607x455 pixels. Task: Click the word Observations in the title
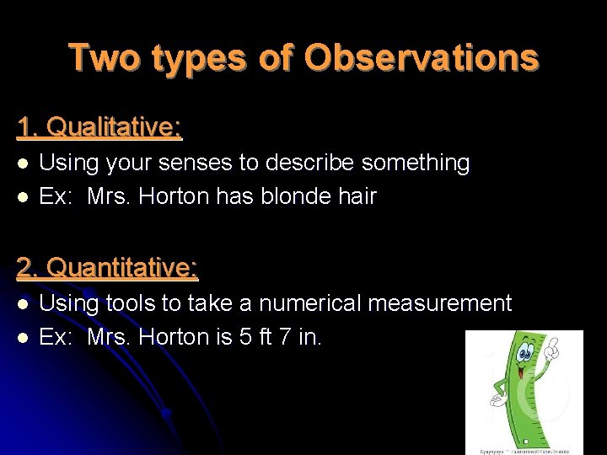coord(421,58)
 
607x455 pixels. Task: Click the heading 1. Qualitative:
coord(99,127)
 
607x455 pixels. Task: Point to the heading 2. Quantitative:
coord(107,268)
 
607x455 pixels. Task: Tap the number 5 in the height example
coord(244,337)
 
